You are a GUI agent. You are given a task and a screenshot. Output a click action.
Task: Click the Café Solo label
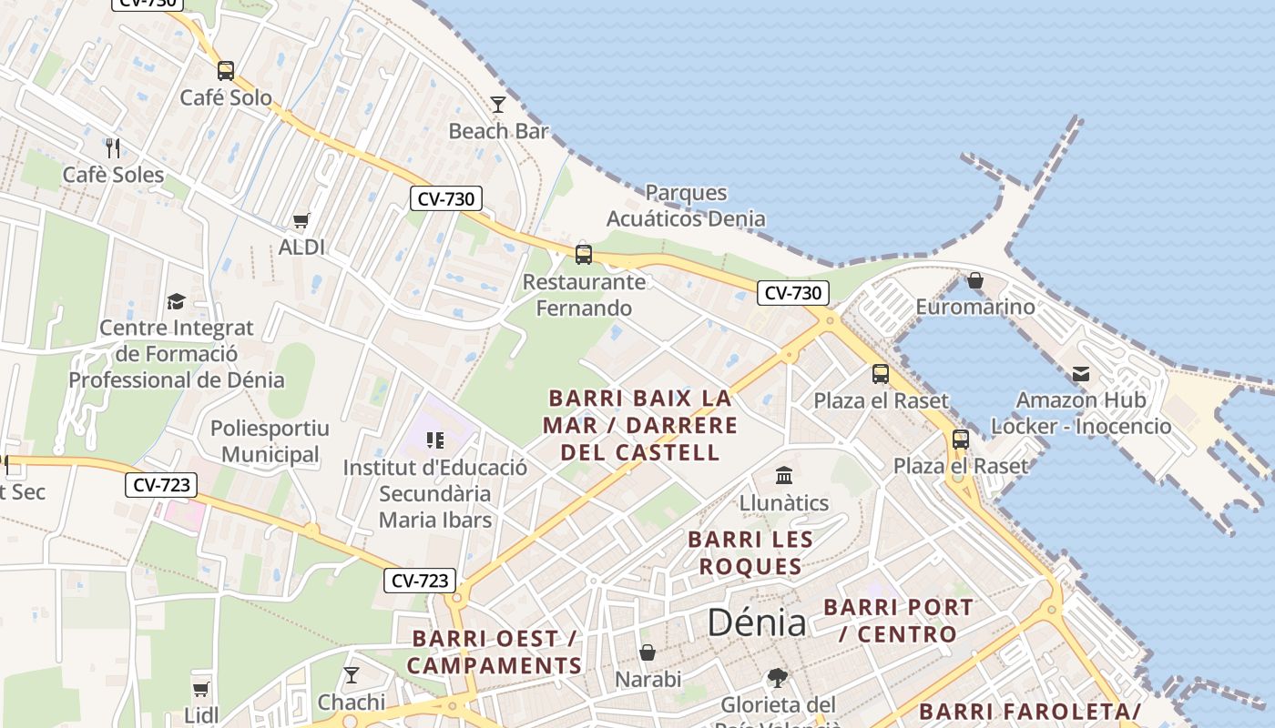click(226, 97)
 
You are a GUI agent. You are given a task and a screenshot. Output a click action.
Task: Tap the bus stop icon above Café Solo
click(226, 70)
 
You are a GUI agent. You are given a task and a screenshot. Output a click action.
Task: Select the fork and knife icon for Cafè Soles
click(113, 147)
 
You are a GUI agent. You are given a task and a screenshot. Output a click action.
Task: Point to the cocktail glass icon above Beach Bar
click(498, 105)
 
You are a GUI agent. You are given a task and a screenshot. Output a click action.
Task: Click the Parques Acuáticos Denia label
click(686, 206)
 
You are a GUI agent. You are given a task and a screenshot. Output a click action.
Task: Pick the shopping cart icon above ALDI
click(301, 220)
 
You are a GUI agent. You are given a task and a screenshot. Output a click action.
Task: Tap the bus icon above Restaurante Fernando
click(584, 255)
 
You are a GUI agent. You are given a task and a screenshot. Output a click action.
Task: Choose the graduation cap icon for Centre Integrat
click(176, 301)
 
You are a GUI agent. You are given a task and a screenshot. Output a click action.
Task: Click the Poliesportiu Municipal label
click(270, 441)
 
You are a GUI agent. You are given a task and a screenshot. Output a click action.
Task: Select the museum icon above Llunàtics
click(784, 476)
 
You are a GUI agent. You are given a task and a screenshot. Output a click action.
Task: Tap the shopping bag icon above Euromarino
click(975, 280)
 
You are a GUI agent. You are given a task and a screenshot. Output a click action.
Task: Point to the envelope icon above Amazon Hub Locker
click(1081, 374)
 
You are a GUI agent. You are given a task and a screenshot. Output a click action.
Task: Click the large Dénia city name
click(757, 623)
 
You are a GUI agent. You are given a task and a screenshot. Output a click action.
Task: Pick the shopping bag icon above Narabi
click(648, 652)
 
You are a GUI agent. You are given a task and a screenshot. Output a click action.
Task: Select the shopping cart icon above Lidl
click(201, 689)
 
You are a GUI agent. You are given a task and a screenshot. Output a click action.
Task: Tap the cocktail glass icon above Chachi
click(352, 675)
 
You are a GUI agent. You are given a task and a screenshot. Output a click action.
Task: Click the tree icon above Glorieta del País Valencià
click(778, 678)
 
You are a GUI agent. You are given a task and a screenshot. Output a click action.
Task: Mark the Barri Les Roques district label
click(750, 552)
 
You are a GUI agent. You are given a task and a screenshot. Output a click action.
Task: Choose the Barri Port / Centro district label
click(898, 621)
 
